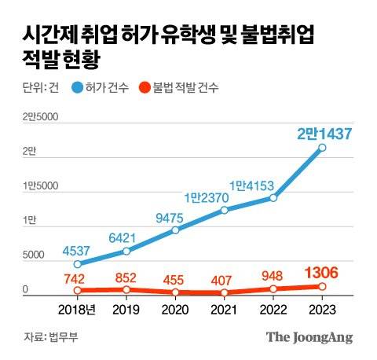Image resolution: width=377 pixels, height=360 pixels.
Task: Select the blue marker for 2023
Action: coord(323,148)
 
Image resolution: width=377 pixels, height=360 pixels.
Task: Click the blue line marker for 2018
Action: coord(77,264)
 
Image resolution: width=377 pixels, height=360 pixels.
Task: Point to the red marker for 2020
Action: coord(175,292)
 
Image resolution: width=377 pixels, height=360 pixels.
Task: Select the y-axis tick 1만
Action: coord(28,222)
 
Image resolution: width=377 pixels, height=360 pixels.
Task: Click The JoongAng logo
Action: coord(309,337)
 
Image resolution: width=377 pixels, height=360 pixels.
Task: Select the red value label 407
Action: coord(225,279)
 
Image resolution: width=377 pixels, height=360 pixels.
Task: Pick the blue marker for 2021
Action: coord(225,211)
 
